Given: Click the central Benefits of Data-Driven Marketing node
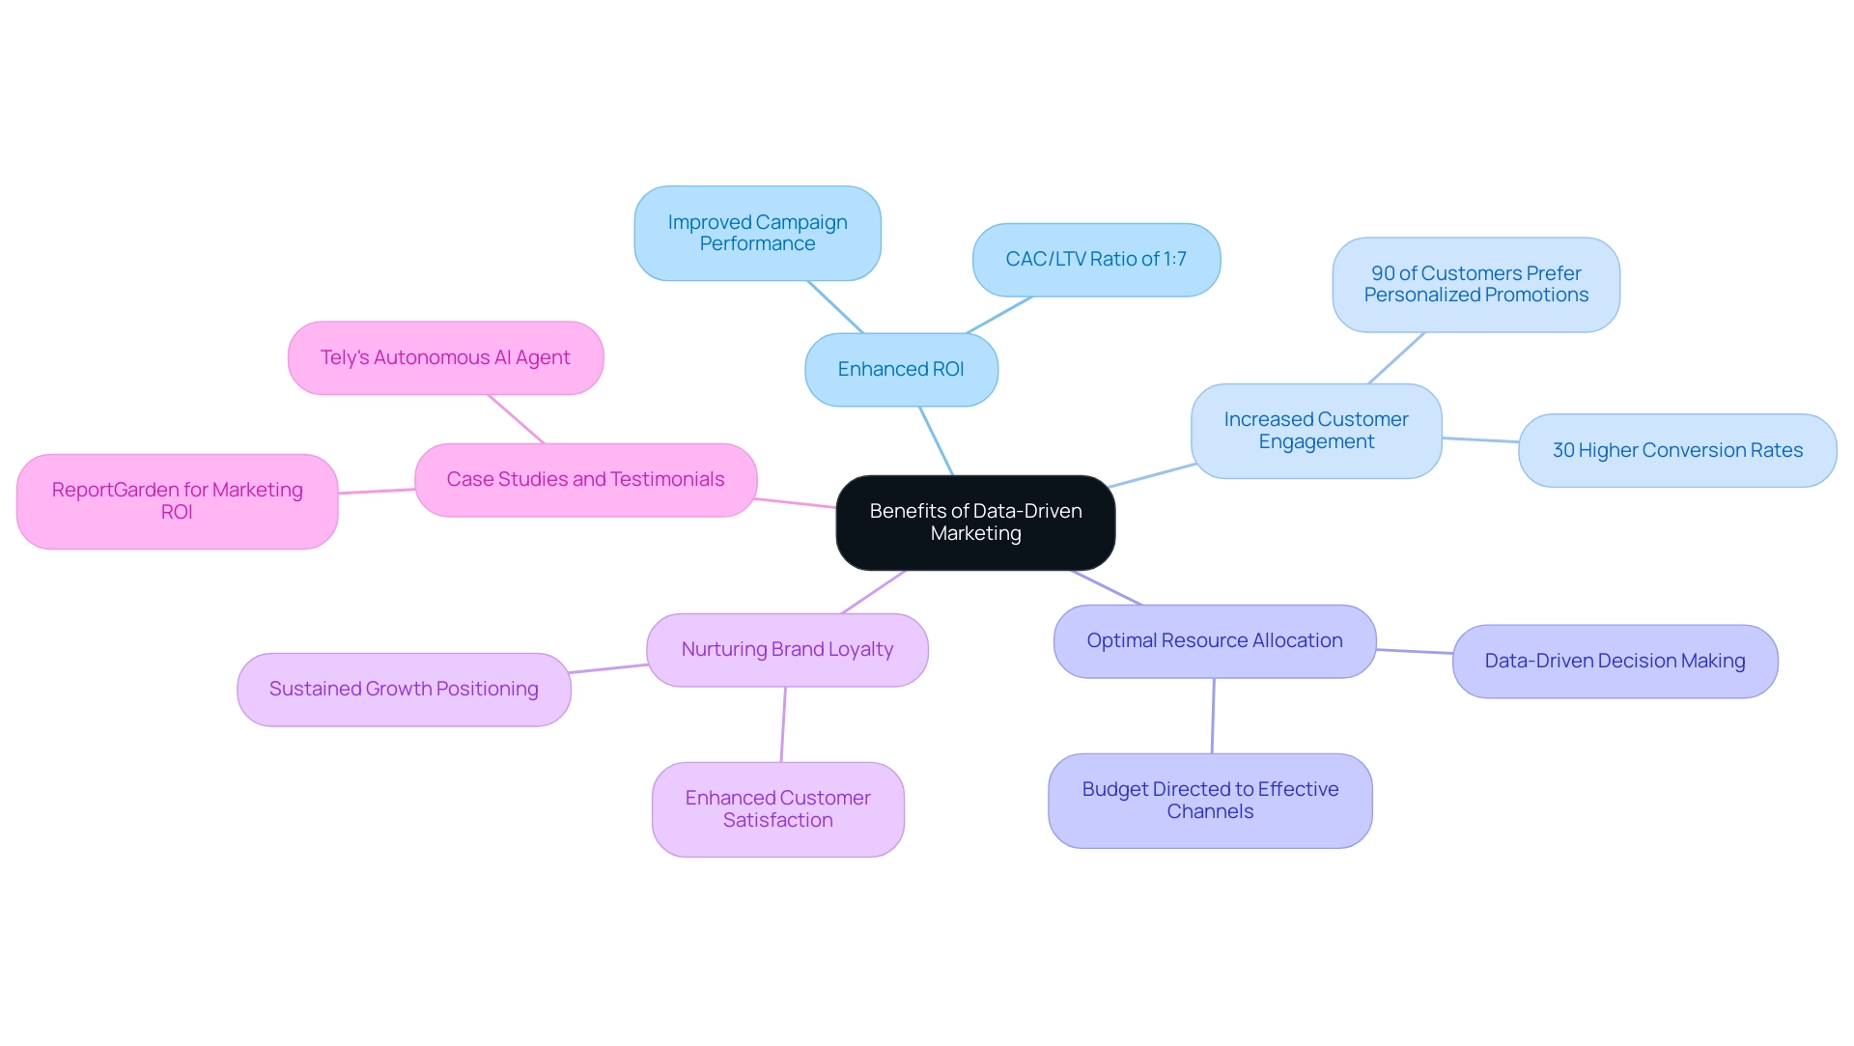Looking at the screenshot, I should tap(975, 523).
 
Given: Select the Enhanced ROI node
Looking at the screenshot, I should tap(901, 370).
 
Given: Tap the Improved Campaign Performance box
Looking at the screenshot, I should tap(757, 234).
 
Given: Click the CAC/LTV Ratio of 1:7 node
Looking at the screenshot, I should tap(1096, 260).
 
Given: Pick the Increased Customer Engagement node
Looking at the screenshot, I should tap(1316, 431).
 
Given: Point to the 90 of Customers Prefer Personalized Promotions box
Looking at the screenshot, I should tap(1475, 285).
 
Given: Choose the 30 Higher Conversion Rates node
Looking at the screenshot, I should tap(1677, 451).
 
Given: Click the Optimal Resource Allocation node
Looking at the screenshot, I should tap(1214, 641).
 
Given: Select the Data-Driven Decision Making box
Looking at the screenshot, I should tap(1615, 662).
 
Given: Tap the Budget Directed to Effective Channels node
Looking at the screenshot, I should tap(1210, 801).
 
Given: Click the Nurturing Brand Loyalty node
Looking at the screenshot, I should tap(787, 650).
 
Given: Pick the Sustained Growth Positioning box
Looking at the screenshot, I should tap(404, 690).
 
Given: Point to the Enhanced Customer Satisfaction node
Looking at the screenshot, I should tap(777, 809).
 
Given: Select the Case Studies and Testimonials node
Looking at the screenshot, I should tap(585, 480).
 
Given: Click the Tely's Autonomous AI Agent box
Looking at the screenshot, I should tap(445, 358).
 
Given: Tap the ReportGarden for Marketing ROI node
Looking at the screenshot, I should tap(177, 501).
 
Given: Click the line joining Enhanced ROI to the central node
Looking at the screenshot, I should tap(936, 440).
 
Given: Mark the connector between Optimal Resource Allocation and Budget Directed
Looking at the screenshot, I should tap(1213, 716).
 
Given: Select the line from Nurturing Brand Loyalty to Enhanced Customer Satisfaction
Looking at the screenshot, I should tap(783, 724).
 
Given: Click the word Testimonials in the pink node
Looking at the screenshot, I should tap(667, 480).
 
